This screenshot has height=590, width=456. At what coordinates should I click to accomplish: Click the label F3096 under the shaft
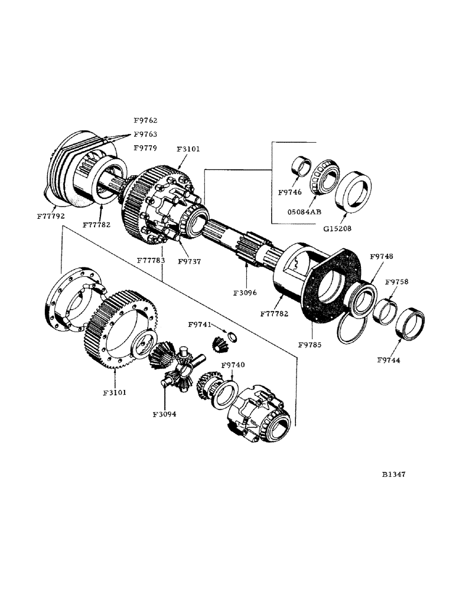(245, 291)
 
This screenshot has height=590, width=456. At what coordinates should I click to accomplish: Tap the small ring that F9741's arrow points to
(233, 337)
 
